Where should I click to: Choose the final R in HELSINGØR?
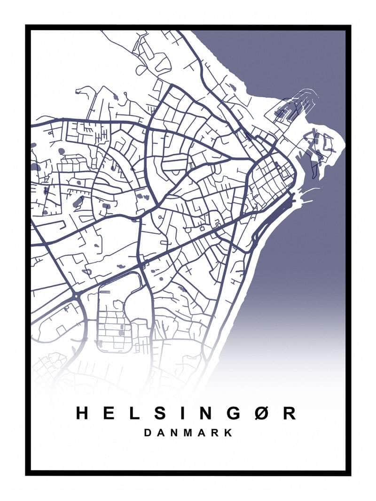[x=290, y=413]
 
